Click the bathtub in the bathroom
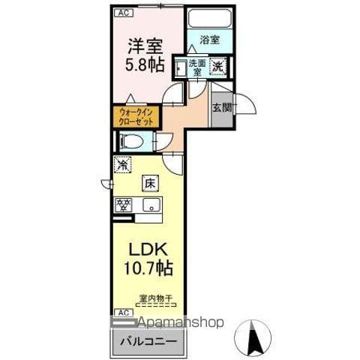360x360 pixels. pos(210,19)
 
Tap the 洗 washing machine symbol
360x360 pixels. pos(217,67)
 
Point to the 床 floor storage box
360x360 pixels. pos(150,182)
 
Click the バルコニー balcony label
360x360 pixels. pos(147,341)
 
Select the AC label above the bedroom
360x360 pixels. pos(121,13)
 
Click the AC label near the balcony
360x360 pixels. pos(121,311)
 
